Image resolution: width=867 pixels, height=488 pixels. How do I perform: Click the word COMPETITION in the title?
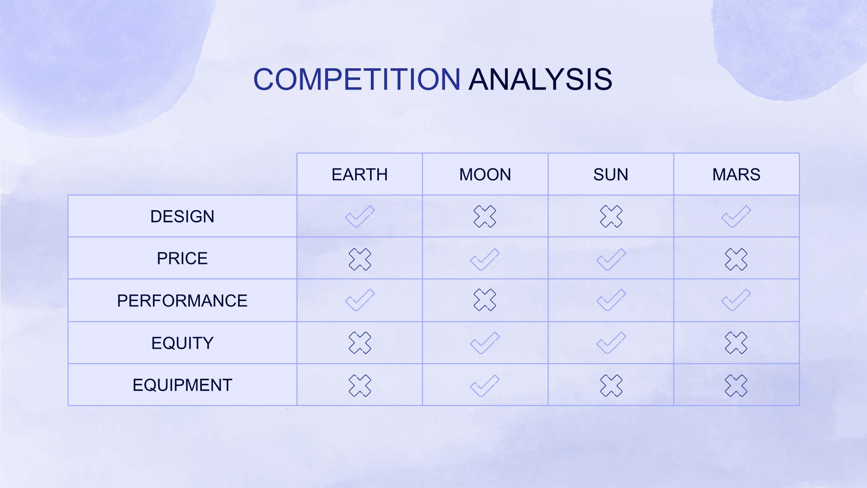point(357,79)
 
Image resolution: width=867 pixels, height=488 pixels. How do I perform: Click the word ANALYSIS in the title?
point(541,79)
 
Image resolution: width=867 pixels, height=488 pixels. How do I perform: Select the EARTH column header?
point(360,175)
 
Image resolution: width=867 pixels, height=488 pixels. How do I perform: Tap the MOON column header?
point(485,175)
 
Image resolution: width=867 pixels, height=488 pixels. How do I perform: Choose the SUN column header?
point(611,175)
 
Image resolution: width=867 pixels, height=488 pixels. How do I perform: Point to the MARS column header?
point(737,175)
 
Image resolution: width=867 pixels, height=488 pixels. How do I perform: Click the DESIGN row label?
point(182,216)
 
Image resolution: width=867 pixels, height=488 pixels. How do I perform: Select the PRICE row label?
point(182,258)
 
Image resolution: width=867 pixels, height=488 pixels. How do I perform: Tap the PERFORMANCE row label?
point(182,301)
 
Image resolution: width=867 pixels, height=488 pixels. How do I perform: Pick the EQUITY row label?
point(182,343)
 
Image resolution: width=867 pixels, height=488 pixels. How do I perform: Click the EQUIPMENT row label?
point(182,385)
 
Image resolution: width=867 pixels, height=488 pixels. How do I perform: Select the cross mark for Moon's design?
point(485,216)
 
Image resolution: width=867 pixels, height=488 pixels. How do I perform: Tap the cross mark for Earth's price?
point(360,259)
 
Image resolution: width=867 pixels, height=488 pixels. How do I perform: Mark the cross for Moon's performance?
point(485,300)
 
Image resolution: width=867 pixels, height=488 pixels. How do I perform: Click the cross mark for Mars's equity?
point(736,343)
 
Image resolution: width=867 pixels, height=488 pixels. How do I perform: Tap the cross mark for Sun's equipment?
point(611,386)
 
